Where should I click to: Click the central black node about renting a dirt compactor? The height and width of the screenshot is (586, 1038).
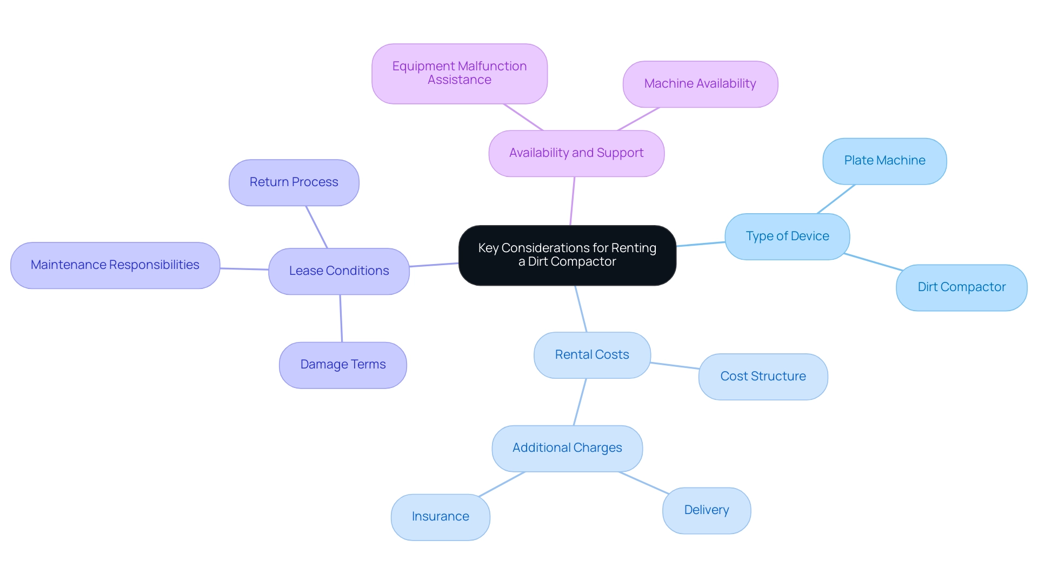click(x=567, y=255)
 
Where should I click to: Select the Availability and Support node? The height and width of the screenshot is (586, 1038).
click(x=576, y=153)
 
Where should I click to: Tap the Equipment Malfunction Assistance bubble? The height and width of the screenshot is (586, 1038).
click(x=459, y=74)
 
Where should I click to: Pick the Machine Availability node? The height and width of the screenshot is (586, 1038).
click(x=700, y=84)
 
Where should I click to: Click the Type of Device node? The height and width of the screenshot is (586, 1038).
click(x=787, y=236)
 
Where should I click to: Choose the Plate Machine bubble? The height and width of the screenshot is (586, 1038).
click(x=884, y=161)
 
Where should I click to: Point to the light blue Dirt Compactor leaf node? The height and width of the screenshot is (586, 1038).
click(x=961, y=287)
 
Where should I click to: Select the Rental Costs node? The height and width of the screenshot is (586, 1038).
click(x=591, y=355)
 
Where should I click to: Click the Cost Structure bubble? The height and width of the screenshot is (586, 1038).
click(x=762, y=377)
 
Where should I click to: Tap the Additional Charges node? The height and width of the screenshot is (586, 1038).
click(x=567, y=448)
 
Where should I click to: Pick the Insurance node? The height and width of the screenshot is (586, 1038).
click(x=440, y=517)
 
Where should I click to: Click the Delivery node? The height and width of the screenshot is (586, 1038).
click(x=706, y=510)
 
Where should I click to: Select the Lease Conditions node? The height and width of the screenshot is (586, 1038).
click(x=338, y=271)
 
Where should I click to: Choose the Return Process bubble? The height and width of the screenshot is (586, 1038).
click(x=294, y=182)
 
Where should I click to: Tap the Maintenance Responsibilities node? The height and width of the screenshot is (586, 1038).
click(x=115, y=265)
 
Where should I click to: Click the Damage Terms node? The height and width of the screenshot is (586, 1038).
click(x=343, y=365)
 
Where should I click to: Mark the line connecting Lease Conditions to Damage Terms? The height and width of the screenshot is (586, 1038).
click(x=341, y=318)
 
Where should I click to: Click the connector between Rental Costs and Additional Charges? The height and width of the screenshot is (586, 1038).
click(x=580, y=402)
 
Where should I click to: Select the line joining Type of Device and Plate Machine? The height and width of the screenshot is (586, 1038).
click(x=836, y=199)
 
